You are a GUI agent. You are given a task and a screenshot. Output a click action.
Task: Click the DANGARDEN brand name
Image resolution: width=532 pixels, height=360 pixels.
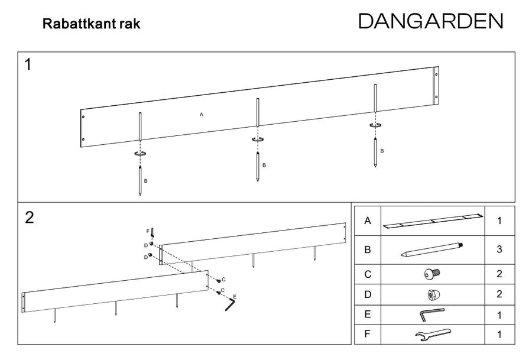click(x=430, y=21)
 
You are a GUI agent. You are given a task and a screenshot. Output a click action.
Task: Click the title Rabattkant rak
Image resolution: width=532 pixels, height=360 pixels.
click(x=91, y=25)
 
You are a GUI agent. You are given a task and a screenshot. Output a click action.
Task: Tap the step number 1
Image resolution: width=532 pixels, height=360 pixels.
click(x=28, y=65)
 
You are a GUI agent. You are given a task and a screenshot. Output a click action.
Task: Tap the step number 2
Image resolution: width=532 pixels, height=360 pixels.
click(x=30, y=218)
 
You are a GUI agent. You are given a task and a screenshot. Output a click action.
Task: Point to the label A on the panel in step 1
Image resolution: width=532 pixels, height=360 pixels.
click(x=202, y=114)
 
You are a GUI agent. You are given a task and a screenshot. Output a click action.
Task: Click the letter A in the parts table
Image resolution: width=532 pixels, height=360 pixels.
click(x=368, y=221)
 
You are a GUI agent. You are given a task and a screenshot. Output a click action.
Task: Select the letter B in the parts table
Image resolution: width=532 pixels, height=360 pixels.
click(x=368, y=249)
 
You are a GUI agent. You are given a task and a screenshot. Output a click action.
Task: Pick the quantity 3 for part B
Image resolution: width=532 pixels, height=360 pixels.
click(x=499, y=249)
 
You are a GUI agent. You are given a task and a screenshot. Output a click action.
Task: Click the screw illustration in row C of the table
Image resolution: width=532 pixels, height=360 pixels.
click(x=432, y=274)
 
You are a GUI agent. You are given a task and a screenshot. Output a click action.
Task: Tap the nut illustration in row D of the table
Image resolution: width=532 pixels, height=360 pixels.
click(x=432, y=294)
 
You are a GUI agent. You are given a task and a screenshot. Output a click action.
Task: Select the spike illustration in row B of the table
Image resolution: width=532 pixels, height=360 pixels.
click(x=432, y=249)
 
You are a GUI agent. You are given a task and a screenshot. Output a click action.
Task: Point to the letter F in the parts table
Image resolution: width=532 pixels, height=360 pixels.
click(x=368, y=335)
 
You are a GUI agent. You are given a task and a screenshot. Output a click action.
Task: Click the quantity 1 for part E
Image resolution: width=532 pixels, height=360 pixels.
click(x=499, y=314)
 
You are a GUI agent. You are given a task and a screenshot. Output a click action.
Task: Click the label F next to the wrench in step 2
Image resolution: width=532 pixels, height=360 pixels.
click(x=148, y=231)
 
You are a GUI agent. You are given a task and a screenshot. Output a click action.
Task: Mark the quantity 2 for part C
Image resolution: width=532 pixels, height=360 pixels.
click(x=499, y=274)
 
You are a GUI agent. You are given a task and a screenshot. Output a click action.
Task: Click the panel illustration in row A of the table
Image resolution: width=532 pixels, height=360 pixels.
click(x=432, y=221)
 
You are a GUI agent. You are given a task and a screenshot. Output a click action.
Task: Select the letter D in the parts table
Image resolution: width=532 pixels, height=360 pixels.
click(x=368, y=294)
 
